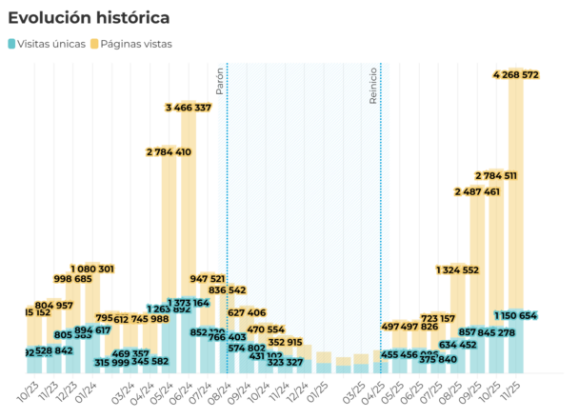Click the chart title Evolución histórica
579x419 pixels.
90,18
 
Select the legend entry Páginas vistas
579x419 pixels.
136,44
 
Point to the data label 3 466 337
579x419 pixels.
189,108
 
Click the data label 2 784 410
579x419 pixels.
169,151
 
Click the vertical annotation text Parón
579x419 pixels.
220,80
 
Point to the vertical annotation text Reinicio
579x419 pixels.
374,85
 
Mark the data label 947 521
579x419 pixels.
208,279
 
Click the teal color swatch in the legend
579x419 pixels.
11,44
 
